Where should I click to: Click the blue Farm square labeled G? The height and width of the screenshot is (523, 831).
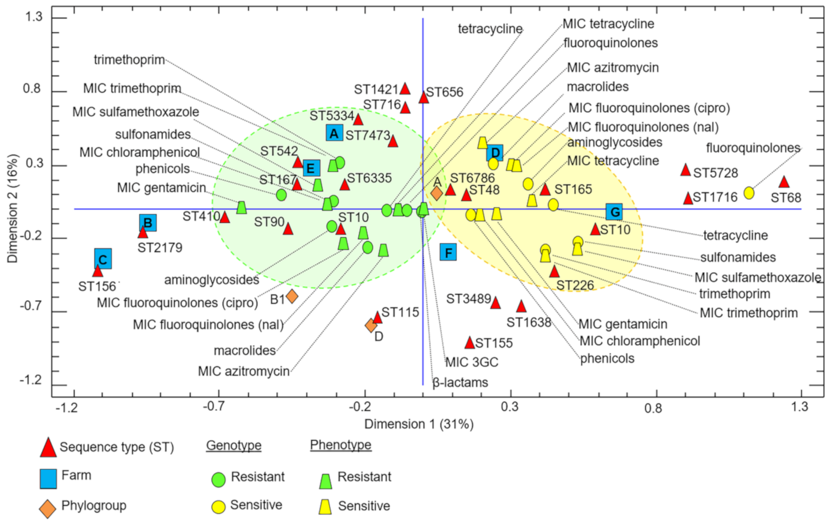tap(614, 212)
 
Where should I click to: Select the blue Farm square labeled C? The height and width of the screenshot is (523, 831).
tap(103, 259)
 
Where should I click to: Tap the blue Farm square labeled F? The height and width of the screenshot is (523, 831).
tap(448, 252)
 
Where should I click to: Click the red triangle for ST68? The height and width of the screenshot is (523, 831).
tap(784, 182)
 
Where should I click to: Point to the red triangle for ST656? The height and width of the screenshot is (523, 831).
tap(424, 97)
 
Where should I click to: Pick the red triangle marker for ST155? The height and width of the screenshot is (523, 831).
tap(469, 343)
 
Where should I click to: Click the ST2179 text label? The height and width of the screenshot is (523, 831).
tap(160, 248)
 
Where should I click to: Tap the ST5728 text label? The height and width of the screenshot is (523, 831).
tap(715, 173)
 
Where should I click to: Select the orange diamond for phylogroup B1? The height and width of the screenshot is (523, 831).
tap(292, 296)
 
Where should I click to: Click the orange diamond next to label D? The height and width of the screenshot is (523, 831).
tap(371, 325)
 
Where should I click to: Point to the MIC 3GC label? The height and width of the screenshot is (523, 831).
tap(472, 362)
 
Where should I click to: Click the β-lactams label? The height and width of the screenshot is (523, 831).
tap(460, 382)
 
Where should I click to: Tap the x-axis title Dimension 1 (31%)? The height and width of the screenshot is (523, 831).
tap(418, 424)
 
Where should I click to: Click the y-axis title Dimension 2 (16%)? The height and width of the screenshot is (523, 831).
tap(13, 208)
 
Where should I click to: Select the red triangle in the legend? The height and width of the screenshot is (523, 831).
tap(48, 448)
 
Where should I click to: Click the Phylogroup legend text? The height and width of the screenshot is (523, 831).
tap(93, 506)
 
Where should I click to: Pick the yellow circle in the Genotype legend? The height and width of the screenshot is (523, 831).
tap(218, 506)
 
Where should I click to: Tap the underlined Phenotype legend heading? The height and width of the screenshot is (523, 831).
tap(340, 445)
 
